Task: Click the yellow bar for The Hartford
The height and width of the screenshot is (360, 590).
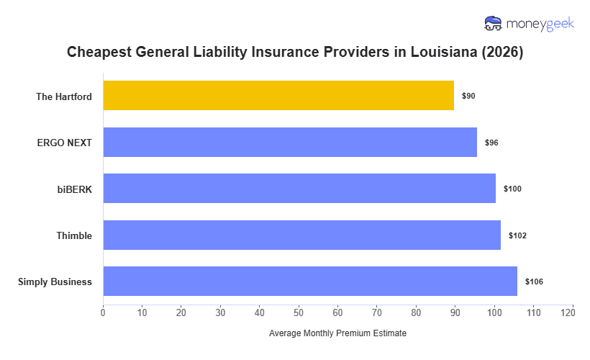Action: point(278,96)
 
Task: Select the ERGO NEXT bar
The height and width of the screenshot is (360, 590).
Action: point(290,143)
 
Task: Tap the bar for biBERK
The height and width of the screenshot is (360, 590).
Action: point(299,189)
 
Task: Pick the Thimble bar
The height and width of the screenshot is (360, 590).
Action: point(301,235)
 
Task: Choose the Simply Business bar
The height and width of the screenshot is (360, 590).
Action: point(310,282)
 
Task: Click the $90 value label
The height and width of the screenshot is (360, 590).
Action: point(468,96)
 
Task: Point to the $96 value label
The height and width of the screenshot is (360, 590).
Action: point(491,143)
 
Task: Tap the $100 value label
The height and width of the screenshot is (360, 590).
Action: point(512,189)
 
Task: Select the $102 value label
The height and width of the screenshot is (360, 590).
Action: point(517,235)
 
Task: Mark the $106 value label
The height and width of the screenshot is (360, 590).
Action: point(534,282)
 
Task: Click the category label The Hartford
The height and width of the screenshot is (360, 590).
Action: point(64,96)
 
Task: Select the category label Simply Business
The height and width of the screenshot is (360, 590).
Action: point(55,282)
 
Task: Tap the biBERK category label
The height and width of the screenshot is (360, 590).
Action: point(74,189)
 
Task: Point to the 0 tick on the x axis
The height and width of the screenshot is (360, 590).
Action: point(103,312)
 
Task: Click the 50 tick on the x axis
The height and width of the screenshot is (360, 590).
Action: point(299,312)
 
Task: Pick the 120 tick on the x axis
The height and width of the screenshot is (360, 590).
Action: point(573,312)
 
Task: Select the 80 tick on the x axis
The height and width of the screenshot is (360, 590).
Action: point(416,312)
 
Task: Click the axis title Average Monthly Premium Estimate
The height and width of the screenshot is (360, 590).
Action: point(337,334)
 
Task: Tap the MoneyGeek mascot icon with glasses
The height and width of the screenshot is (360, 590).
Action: point(493,24)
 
